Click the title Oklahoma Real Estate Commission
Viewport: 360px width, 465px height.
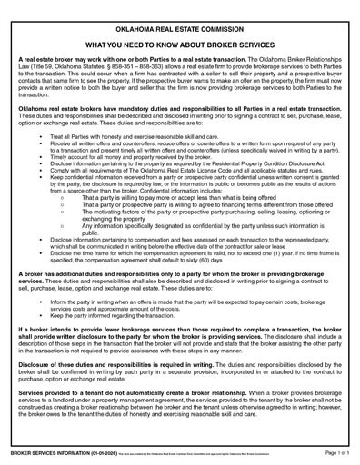coord(180,17)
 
